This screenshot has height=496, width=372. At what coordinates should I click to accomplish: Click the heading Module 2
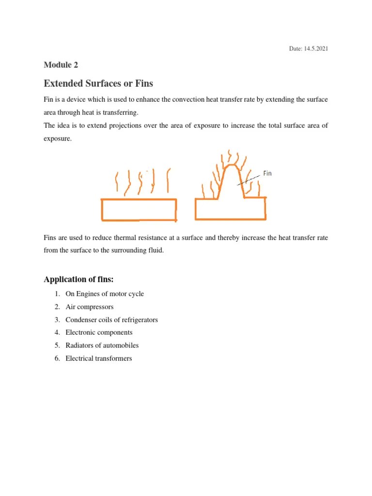click(61, 65)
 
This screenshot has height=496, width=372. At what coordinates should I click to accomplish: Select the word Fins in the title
click(144, 83)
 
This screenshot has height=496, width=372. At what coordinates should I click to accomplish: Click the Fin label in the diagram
click(267, 173)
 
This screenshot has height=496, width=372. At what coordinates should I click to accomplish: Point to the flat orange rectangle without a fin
click(139, 210)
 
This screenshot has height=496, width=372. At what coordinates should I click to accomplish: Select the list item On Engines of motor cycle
click(105, 294)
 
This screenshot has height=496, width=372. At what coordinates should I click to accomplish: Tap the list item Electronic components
click(99, 332)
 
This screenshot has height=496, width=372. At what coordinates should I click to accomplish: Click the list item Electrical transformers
click(98, 358)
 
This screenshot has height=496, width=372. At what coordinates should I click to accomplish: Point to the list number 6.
click(56, 358)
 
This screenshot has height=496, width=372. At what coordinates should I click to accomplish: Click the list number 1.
click(56, 294)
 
